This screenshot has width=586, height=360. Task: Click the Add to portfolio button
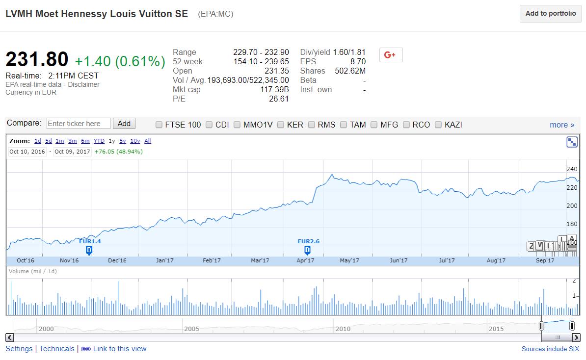click(551, 14)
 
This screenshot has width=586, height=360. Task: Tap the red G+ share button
click(391, 55)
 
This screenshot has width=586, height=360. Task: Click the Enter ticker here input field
click(79, 124)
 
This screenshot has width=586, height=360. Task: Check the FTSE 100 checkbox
click(159, 125)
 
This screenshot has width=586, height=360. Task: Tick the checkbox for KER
click(281, 125)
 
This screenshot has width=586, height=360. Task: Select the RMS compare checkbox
click(312, 125)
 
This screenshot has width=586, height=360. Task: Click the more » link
click(562, 125)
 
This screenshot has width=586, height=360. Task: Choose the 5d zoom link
click(49, 141)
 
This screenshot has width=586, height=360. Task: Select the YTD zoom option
click(99, 141)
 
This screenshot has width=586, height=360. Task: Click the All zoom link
click(148, 141)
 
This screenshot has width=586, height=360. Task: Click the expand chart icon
click(572, 142)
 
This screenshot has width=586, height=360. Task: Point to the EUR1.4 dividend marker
click(89, 250)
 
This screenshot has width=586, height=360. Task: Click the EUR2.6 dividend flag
click(307, 250)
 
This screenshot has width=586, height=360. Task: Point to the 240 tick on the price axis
click(572, 169)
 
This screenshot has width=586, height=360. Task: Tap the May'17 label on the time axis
click(349, 260)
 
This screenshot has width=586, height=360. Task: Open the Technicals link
click(57, 349)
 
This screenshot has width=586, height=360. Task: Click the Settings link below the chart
click(19, 349)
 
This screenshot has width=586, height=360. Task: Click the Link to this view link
click(120, 349)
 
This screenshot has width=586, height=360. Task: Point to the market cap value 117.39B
click(274, 89)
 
